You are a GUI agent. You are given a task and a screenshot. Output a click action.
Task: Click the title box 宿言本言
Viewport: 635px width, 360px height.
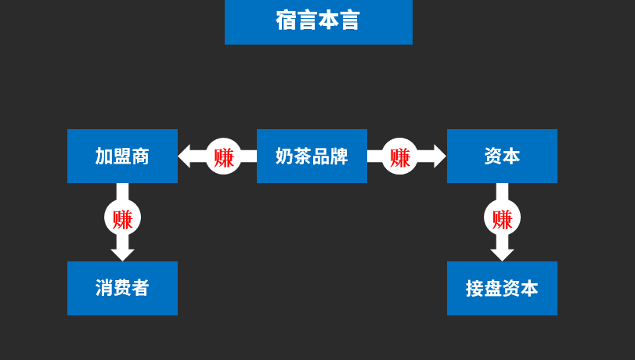[x=318, y=21]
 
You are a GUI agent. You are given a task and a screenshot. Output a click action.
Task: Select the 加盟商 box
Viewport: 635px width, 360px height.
[x=122, y=156]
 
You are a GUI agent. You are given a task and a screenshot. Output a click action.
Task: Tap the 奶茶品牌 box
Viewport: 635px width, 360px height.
[x=312, y=156]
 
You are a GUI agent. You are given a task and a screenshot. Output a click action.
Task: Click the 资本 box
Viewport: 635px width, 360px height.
[x=502, y=156]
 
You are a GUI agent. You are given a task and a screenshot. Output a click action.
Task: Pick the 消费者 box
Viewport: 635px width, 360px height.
[x=122, y=288]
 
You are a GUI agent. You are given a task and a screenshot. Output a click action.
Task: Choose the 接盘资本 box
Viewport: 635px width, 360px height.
[x=502, y=288]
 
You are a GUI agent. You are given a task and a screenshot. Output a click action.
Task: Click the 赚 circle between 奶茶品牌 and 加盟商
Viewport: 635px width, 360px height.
[x=224, y=157]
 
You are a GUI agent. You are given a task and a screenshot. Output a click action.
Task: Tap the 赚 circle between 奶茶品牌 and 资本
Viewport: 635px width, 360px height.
[x=400, y=157]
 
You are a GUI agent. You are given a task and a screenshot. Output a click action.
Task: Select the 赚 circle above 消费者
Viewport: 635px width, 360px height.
[x=122, y=218]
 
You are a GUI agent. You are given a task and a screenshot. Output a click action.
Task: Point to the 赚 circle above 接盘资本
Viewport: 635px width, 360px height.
[x=502, y=218]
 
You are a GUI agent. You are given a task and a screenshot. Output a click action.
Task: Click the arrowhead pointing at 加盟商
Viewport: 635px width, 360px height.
[x=185, y=156]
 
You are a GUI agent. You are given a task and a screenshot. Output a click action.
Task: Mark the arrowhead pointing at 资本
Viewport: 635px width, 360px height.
[x=439, y=156]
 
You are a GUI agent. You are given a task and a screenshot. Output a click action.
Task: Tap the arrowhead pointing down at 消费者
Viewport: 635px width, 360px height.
[x=122, y=254]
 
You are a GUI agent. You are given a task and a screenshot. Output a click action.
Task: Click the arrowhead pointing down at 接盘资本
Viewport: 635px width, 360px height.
[x=502, y=254]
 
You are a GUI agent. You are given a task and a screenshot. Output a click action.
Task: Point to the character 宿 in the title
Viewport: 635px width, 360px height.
[x=287, y=20]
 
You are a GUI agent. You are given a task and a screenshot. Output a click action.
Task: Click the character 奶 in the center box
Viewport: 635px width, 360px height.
[x=284, y=156]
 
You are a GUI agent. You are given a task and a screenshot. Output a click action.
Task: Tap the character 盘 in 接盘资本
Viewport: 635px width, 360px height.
[x=493, y=288]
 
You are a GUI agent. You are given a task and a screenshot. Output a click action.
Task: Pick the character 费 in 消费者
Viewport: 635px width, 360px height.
[x=122, y=288]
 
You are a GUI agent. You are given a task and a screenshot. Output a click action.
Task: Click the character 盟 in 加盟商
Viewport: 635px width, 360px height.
[x=122, y=156]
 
